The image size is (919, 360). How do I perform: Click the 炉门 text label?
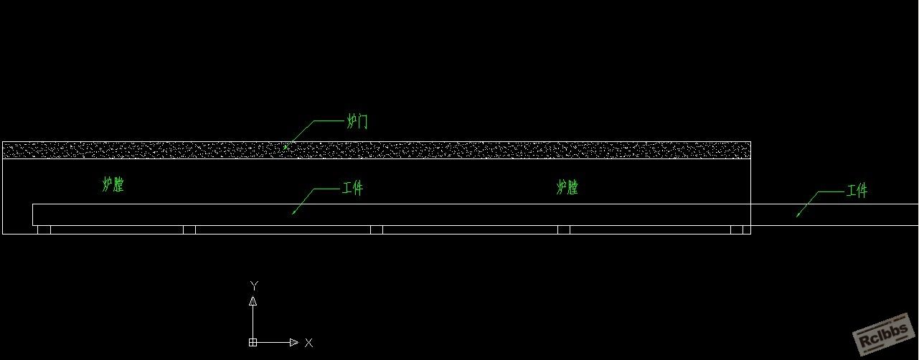point(357,121)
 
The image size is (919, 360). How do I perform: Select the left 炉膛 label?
point(113,184)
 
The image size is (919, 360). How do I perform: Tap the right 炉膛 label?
point(567,187)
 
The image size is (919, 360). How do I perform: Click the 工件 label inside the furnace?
point(352,188)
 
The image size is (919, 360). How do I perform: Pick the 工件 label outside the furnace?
point(857,191)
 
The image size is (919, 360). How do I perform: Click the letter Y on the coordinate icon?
point(255,285)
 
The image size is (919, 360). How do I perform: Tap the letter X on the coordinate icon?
point(309,343)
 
